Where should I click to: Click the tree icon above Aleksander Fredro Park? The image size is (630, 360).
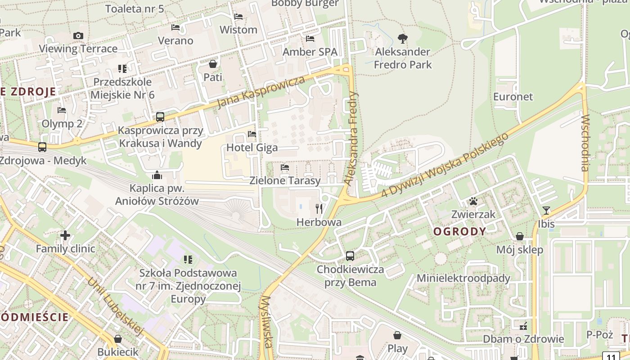point(403,39)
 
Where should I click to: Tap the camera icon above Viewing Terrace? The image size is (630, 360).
point(78,36)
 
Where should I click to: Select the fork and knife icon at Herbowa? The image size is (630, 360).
point(319,208)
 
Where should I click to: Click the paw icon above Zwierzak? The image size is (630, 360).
point(473,201)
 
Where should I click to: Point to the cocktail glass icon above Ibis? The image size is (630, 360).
point(546,210)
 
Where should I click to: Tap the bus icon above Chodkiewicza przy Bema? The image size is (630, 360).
point(350,256)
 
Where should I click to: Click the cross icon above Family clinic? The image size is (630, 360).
point(65,235)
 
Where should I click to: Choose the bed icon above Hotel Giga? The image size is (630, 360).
point(252,134)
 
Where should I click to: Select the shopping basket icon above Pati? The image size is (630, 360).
point(213,64)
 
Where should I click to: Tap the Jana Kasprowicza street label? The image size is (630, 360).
point(261,92)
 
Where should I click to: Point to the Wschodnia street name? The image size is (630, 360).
point(585,143)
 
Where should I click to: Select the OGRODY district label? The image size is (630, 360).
point(459,232)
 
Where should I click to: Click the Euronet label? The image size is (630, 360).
point(513,97)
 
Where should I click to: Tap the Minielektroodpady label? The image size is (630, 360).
point(463,278)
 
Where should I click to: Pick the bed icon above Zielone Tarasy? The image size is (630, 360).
point(285,167)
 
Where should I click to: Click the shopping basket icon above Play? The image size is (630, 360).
point(397,335)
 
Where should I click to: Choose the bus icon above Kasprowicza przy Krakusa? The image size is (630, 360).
point(160,117)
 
